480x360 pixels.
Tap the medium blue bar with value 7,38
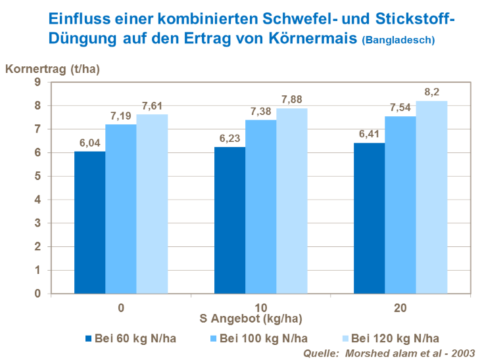point(260,206)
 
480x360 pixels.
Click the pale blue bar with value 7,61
point(152,204)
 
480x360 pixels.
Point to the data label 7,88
point(291,99)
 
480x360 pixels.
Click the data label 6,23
point(229,138)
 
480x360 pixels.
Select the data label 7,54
point(400,107)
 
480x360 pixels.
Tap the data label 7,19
point(121,115)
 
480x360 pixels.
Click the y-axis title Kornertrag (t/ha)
point(52,69)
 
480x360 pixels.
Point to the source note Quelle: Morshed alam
point(389,353)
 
